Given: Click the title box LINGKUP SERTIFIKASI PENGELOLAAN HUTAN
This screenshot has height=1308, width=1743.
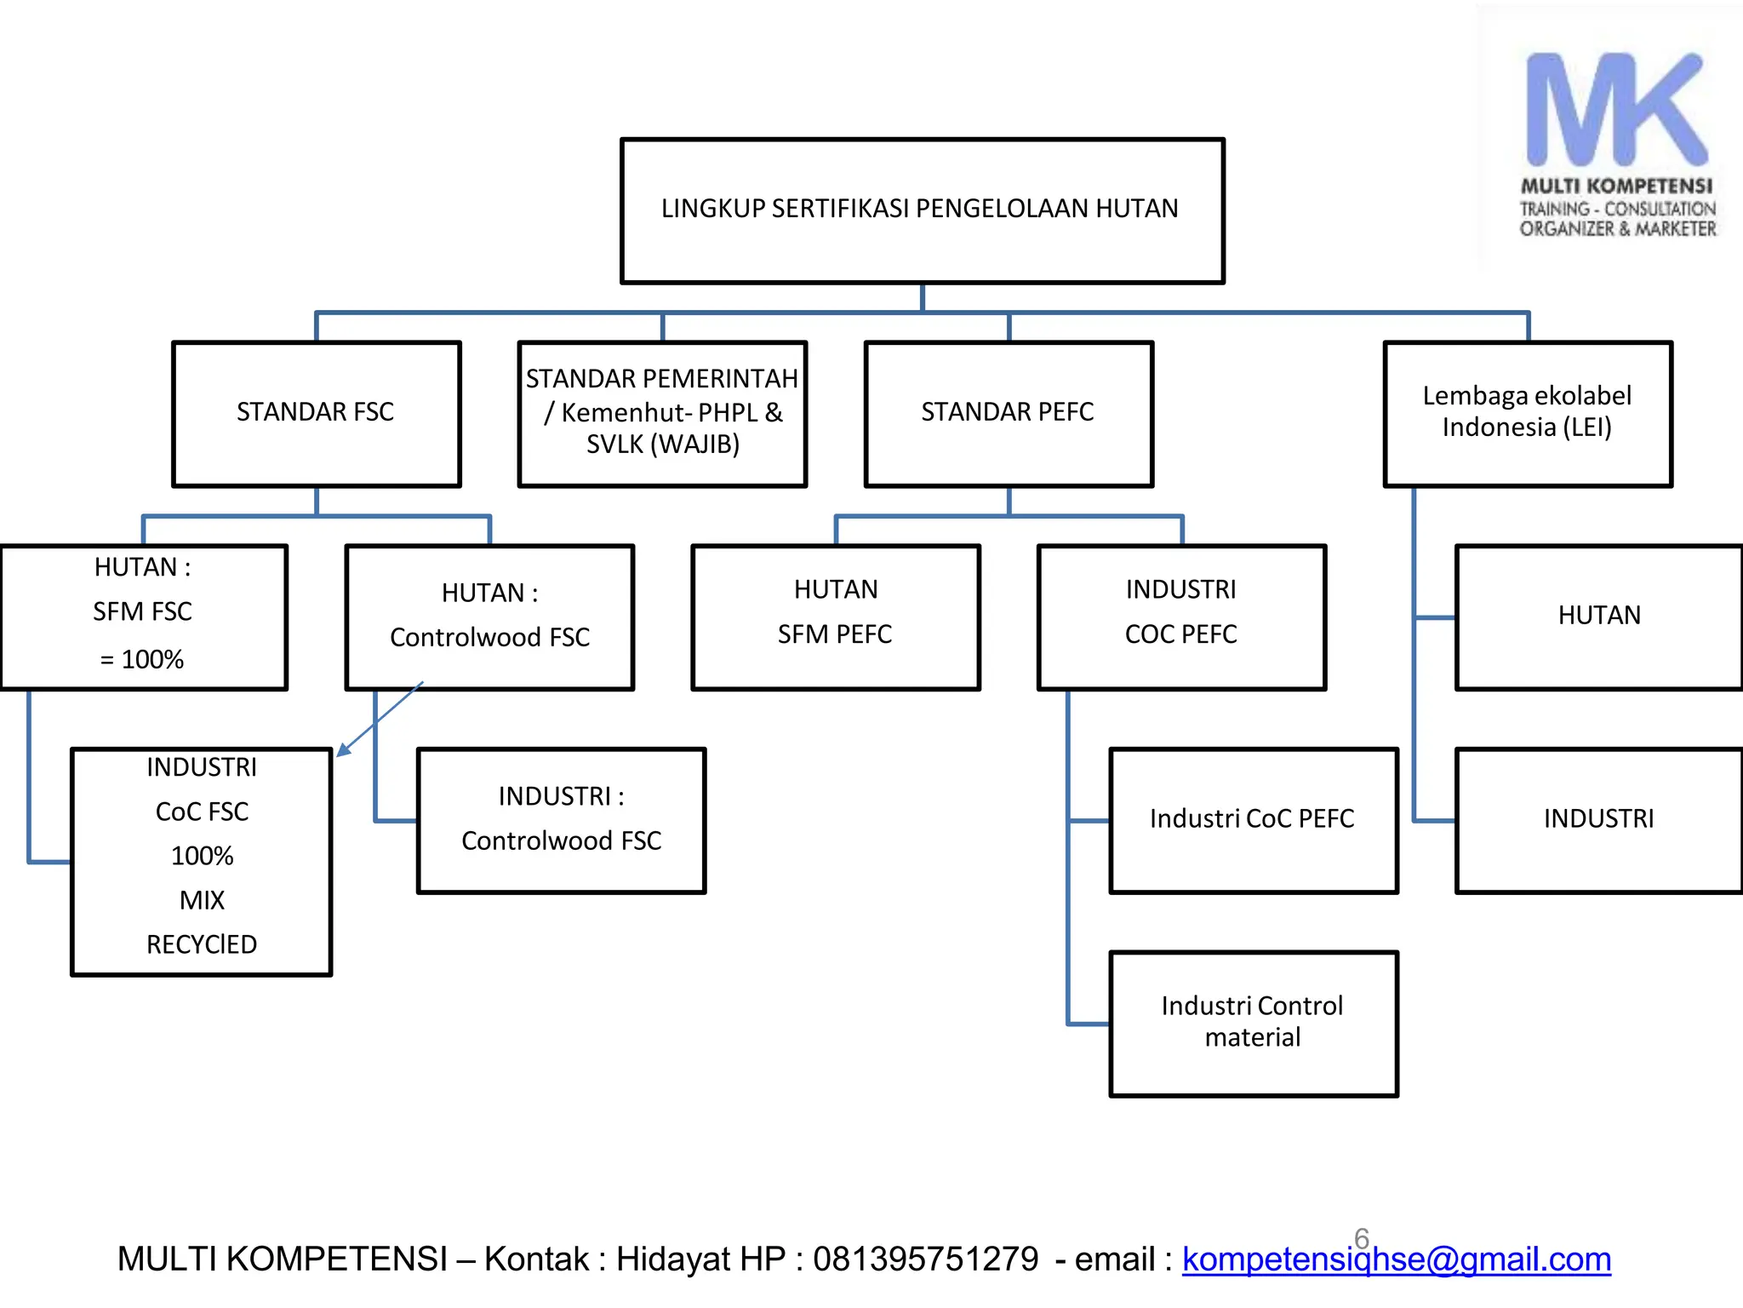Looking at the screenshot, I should (922, 210).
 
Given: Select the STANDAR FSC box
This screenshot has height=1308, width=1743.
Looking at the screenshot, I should (316, 414).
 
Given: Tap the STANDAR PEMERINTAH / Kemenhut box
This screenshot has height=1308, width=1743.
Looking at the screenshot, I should (662, 414).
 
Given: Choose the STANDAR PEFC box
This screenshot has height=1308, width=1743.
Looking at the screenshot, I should (1009, 414).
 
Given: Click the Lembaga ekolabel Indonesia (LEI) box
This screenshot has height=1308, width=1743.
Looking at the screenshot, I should (1528, 414).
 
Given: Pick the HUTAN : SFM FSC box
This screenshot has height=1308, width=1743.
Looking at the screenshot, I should (143, 617).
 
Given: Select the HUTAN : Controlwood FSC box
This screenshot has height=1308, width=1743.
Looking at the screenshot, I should (489, 617).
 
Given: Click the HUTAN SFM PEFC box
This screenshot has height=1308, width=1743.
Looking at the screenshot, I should (836, 617).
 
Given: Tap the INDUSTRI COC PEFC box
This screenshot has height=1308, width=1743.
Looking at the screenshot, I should (1181, 617).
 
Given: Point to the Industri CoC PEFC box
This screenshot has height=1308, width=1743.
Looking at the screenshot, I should (1253, 820).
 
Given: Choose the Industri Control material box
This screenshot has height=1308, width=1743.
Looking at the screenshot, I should (1253, 1023).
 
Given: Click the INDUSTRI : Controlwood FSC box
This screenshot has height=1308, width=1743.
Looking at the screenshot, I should (561, 820).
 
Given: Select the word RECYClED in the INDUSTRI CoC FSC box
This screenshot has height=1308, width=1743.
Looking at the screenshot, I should (202, 944).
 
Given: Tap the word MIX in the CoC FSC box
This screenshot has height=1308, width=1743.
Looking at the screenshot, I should (202, 900).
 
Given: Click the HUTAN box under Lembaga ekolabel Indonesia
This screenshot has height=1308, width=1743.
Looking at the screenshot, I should (1598, 617).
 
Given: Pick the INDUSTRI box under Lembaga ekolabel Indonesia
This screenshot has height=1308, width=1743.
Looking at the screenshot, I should (1598, 820).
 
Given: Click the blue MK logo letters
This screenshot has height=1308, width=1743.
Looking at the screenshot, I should (1615, 111).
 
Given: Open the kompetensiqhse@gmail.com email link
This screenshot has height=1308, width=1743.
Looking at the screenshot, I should (1396, 1259).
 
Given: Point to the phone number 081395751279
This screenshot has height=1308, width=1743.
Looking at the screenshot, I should (925, 1259).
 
